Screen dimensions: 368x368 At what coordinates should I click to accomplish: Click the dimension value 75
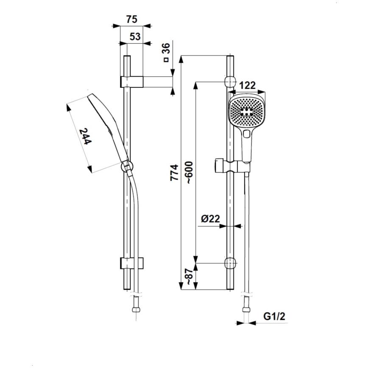coord(132,19)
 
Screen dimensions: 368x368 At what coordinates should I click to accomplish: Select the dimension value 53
coord(135,37)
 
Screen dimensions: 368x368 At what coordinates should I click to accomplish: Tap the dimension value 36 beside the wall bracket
coord(166,48)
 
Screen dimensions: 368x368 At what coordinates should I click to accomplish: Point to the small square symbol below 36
coord(166,59)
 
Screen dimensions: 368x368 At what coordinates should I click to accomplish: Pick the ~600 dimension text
coord(189,172)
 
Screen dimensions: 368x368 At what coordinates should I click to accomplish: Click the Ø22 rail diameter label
coord(210,218)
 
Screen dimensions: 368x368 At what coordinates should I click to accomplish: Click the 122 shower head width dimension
coord(247,85)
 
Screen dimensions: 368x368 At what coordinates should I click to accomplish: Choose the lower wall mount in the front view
coord(229,263)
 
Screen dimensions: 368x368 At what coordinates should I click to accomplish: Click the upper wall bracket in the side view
coord(133,81)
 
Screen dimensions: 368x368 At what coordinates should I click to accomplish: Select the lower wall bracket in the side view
coord(132,263)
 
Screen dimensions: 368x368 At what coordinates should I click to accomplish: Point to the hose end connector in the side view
coord(136,304)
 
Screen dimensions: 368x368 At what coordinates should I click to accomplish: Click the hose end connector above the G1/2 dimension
coord(247,304)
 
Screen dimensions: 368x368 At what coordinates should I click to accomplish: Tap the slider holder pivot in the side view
coord(127,167)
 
